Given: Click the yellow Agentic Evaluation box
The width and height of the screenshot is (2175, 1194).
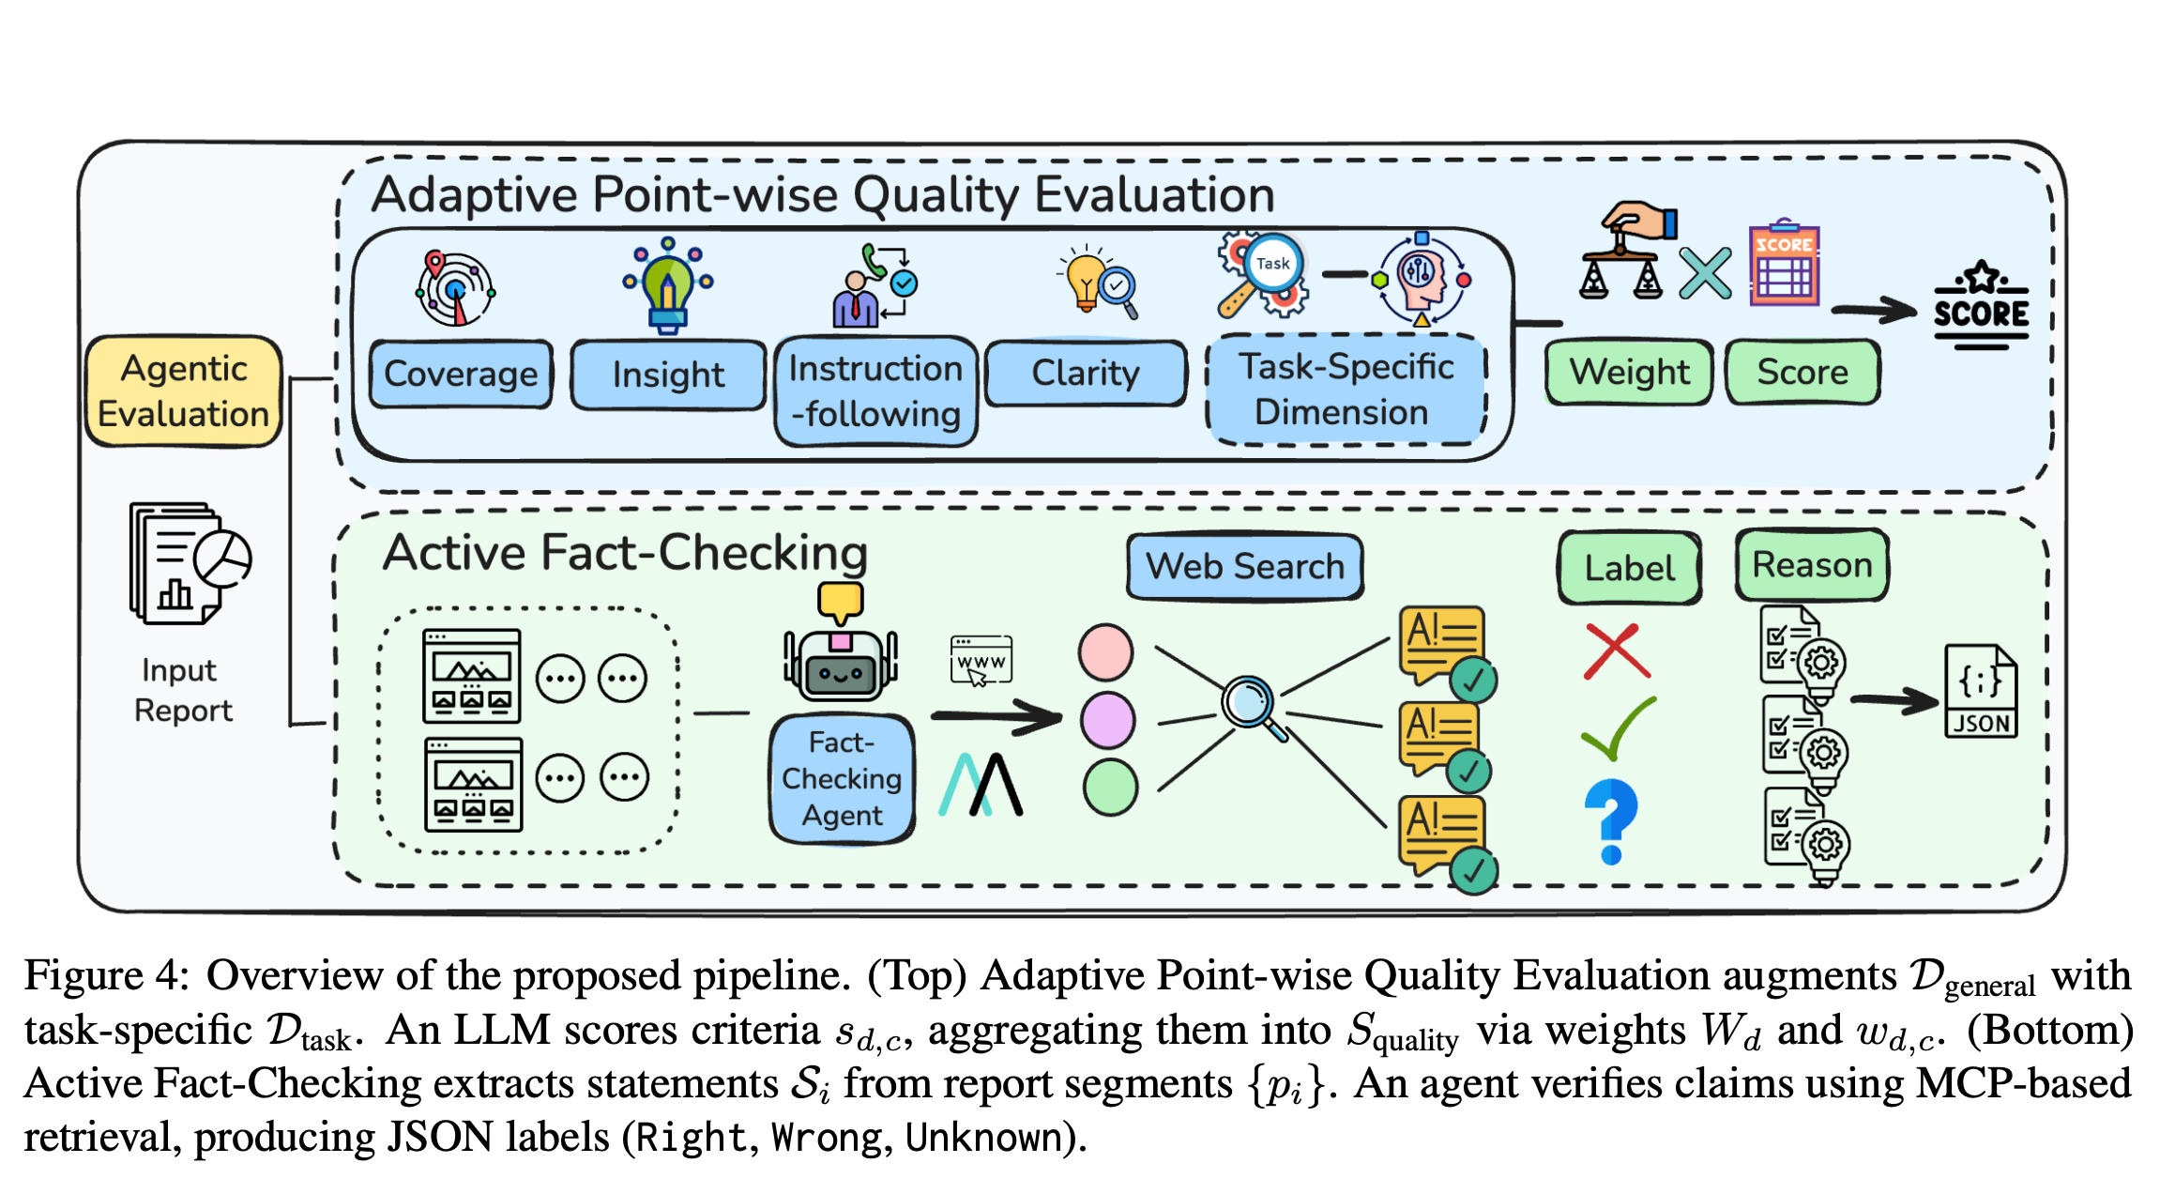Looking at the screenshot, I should click(x=184, y=391).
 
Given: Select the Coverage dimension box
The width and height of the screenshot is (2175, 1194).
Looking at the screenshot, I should click(x=461, y=374).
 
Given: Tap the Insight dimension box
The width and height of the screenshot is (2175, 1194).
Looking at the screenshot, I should click(x=668, y=375).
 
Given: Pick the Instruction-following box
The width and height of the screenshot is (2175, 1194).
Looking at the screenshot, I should click(x=875, y=391).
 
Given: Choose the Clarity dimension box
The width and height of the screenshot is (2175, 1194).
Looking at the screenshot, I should click(x=1086, y=373).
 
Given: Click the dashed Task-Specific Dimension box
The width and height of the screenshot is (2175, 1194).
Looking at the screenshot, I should click(x=1346, y=390).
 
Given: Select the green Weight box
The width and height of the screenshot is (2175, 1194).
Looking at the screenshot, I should click(x=1629, y=372).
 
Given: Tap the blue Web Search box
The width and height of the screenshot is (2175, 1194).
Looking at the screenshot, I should click(x=1244, y=566).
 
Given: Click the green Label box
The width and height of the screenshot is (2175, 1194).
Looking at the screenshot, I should click(x=1629, y=568).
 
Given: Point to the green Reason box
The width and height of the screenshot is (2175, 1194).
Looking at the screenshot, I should click(x=1811, y=565).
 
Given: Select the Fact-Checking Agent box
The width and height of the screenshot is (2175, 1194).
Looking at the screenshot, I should click(x=842, y=779).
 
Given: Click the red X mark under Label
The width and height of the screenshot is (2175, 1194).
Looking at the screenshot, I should click(x=1616, y=651).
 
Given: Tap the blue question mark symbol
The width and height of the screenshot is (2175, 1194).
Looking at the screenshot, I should click(x=1611, y=820).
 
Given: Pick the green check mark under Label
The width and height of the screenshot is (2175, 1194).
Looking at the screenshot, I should click(x=1618, y=729).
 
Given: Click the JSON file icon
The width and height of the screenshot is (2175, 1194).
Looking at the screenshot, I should click(x=1981, y=692).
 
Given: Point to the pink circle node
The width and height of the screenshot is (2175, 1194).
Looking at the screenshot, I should click(x=1106, y=652).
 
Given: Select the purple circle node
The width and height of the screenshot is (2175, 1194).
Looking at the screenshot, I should click(x=1108, y=720).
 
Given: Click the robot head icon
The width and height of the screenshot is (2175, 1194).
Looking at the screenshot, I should click(x=841, y=663).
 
